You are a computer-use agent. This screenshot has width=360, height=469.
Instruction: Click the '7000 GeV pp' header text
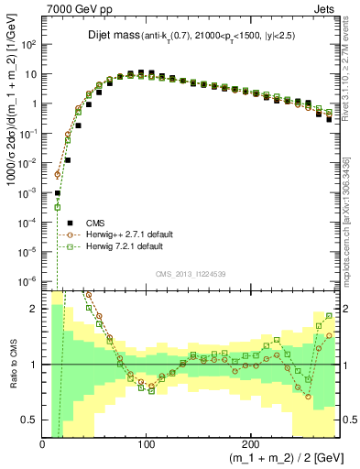pos(75,8)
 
